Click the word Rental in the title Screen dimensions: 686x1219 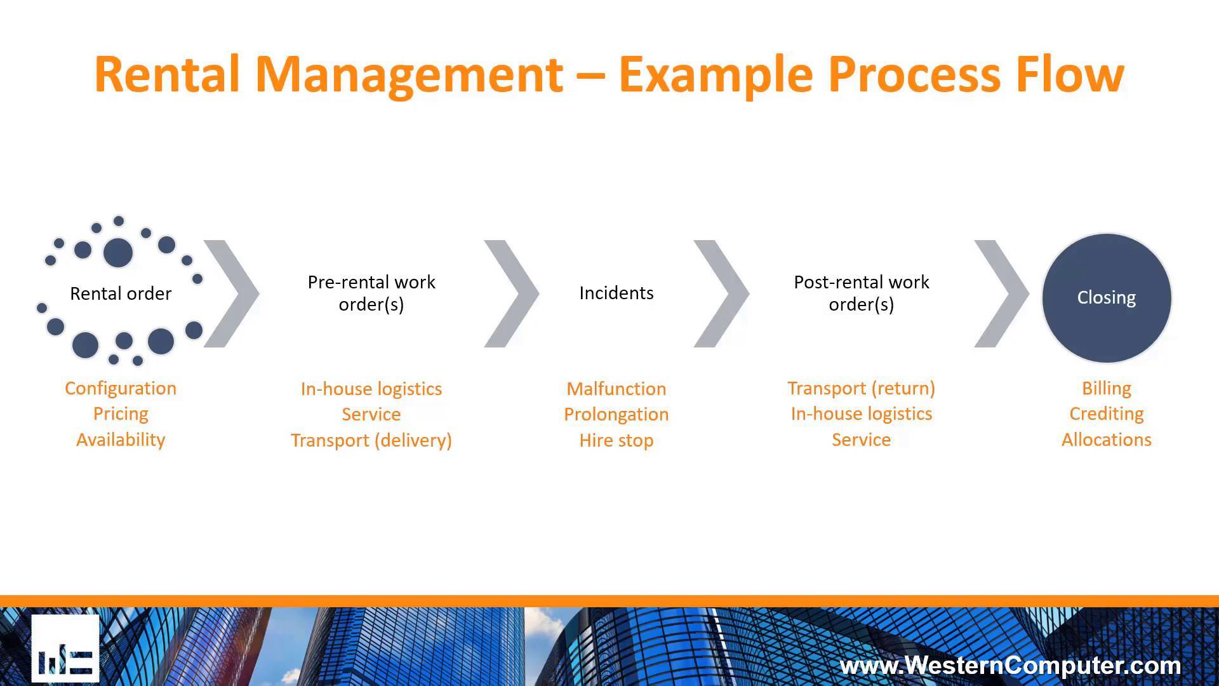(167, 75)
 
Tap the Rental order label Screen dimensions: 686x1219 (121, 293)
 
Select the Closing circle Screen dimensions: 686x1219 (1106, 297)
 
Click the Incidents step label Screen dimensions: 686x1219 (616, 293)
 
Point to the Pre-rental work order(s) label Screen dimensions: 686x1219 (371, 293)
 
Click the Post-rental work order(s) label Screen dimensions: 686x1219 (861, 293)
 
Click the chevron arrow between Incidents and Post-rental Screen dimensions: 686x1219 (722, 293)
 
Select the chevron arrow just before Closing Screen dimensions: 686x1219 (1002, 293)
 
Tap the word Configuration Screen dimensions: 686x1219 (121, 388)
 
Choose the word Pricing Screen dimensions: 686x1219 (121, 414)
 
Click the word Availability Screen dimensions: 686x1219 (121, 440)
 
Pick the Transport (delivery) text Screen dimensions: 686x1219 (371, 440)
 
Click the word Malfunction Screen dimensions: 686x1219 (616, 389)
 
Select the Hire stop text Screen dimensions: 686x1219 (616, 440)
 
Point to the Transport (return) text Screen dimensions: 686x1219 (861, 388)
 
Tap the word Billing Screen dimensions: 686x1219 (1106, 388)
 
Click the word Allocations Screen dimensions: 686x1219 (1106, 440)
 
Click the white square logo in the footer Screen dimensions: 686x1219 (65, 648)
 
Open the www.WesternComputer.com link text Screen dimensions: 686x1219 (1010, 666)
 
